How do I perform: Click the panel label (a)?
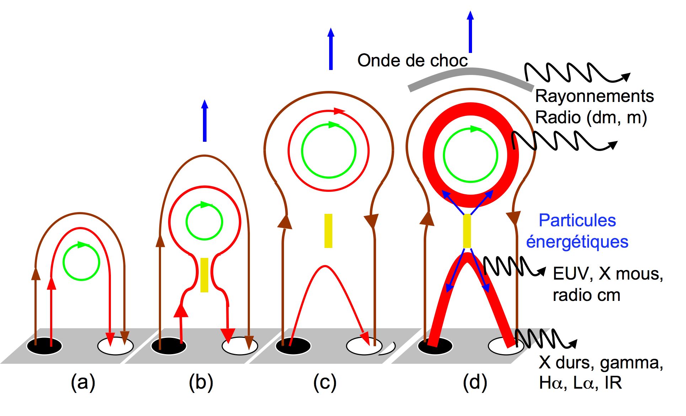pos(83,382)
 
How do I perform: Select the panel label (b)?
pos(201,382)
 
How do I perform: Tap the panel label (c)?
pos(325,382)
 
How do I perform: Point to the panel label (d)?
pos(475,382)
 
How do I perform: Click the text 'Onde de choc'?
pos(412,60)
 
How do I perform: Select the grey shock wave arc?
pos(470,72)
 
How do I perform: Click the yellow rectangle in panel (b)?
pos(204,275)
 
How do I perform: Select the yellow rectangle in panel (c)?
pos(328,231)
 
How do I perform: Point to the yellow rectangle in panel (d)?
pos(467,231)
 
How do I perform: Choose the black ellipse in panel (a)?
pos(44,346)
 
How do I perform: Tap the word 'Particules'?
pos(577,220)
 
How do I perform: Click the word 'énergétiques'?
pos(577,242)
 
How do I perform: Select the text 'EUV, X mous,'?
pos(608,274)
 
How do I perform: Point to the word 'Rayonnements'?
pos(594,96)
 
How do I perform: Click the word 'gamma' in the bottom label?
pos(631,362)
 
